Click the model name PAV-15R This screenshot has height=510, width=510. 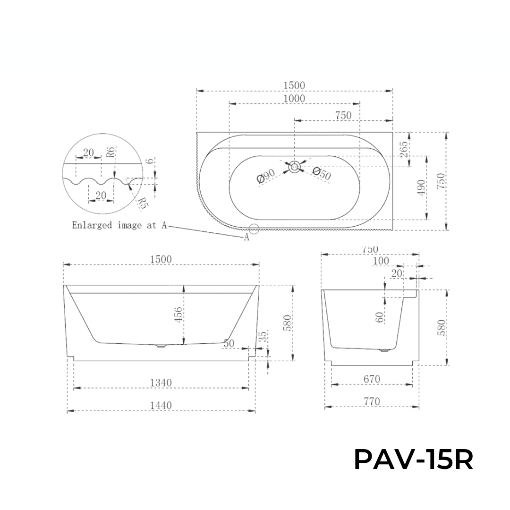point(413,459)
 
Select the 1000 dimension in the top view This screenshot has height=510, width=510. point(294,98)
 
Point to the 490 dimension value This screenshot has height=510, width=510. point(422,187)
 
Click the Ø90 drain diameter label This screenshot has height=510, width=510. point(266,178)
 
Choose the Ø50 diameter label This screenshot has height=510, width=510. point(322,173)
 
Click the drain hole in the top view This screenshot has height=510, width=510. point(295,166)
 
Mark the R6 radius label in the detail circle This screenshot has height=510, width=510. point(109,152)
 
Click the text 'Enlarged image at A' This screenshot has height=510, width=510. point(119,225)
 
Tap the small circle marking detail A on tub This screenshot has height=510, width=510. point(254,229)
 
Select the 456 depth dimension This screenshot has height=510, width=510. point(178,315)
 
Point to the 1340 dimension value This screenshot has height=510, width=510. point(161,382)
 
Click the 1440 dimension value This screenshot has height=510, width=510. point(161,405)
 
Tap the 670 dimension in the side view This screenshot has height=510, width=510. point(372,378)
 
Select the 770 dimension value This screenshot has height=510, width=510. point(372,401)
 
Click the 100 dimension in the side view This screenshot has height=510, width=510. point(381,261)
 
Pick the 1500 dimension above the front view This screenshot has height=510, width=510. point(161,259)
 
